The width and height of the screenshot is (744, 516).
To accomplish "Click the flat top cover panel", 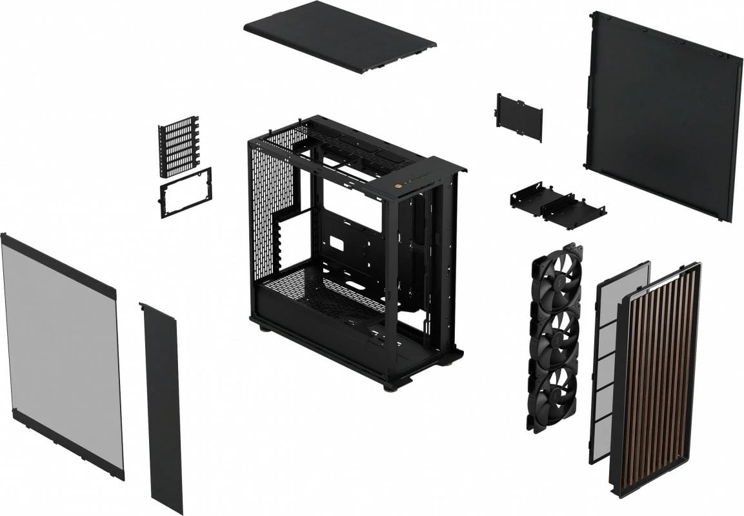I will [x=340, y=43].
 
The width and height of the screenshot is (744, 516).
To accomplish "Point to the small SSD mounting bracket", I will [x=519, y=116].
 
